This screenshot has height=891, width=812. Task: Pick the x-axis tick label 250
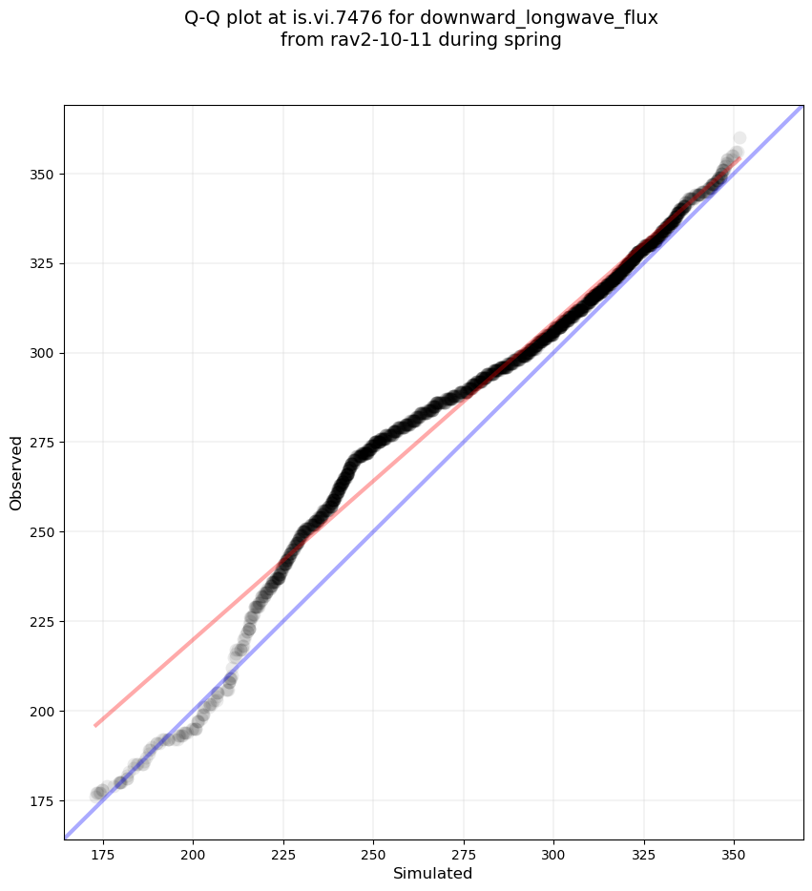click(373, 852)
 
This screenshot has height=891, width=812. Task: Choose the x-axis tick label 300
click(553, 852)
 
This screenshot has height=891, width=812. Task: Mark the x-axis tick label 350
click(734, 852)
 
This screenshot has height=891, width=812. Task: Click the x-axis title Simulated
click(433, 873)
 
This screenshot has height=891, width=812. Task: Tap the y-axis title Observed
click(16, 472)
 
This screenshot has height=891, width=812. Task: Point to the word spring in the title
click(534, 40)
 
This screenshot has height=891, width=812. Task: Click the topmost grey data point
click(739, 138)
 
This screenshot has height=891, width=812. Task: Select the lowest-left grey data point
click(96, 795)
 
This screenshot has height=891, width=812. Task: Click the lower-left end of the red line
click(95, 726)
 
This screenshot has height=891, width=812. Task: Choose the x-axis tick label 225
click(282, 852)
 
